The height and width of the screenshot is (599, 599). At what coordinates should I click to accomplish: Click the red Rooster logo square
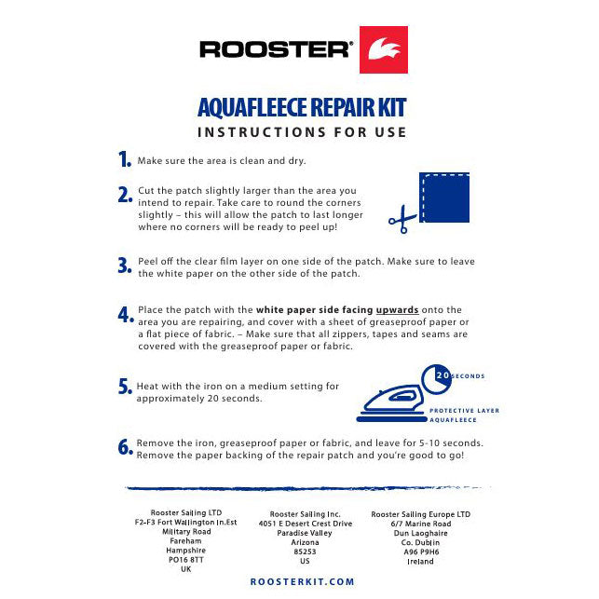[x=383, y=49]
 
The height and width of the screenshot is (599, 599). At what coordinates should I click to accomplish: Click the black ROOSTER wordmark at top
[x=276, y=49]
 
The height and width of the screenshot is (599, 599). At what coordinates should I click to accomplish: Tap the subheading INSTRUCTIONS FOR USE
[x=302, y=132]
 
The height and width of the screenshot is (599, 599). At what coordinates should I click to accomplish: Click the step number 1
[x=125, y=160]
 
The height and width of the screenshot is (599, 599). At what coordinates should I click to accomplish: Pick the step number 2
[x=125, y=195]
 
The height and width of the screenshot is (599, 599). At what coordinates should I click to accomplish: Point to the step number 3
[x=125, y=265]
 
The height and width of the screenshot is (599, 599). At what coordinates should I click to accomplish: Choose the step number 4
[x=126, y=315]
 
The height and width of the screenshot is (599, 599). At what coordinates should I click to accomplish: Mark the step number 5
[x=125, y=387]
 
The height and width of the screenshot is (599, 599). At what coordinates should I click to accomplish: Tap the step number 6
[x=126, y=447]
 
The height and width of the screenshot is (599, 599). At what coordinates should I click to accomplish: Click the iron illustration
[x=390, y=401]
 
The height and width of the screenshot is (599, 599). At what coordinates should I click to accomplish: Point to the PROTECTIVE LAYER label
[x=464, y=410]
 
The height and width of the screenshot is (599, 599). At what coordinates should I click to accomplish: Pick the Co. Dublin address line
[x=420, y=541]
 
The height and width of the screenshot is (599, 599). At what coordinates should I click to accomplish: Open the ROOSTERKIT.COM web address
[x=302, y=581]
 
